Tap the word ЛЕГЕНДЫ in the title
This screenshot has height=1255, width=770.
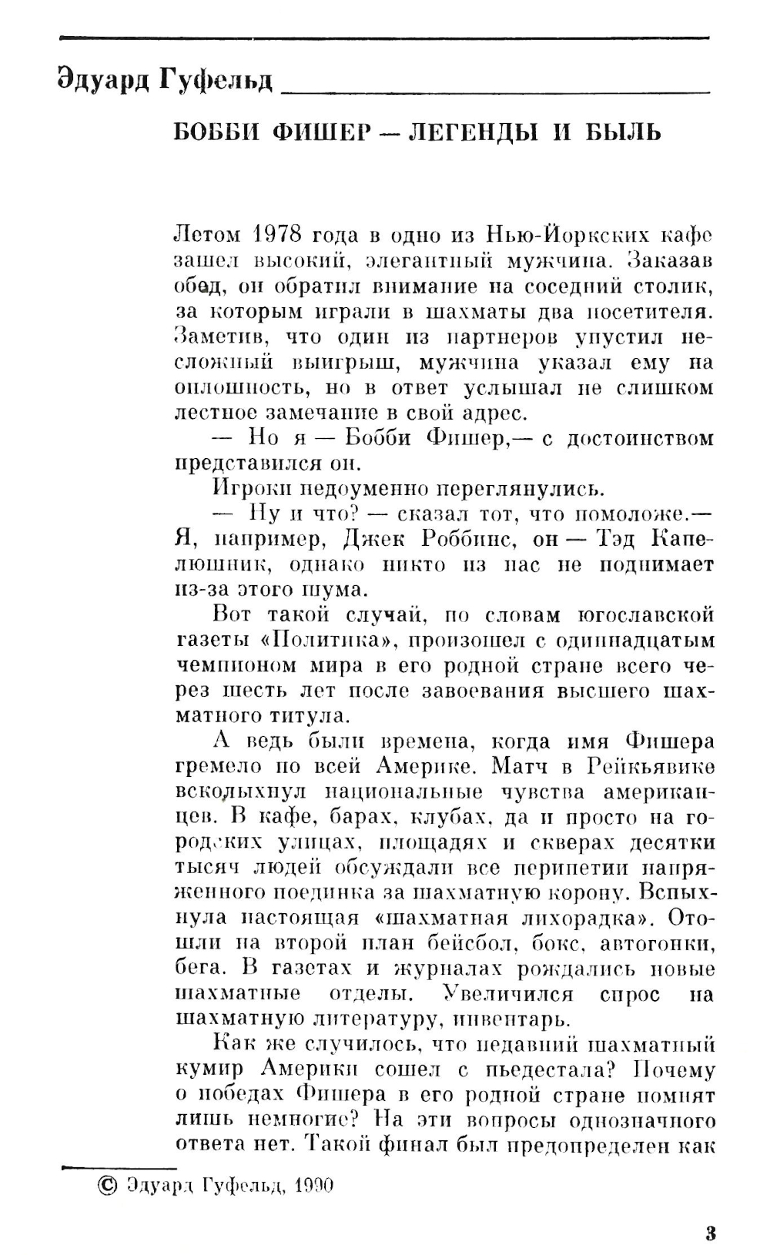pyautogui.click(x=480, y=133)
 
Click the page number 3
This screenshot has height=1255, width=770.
pyautogui.click(x=709, y=1233)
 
